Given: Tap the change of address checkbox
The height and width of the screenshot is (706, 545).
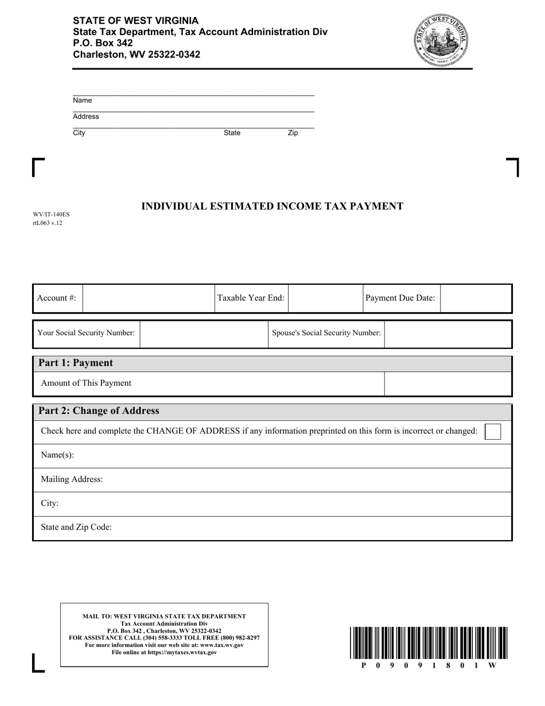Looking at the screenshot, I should [x=492, y=431].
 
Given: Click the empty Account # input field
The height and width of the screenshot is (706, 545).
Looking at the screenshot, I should [x=148, y=298].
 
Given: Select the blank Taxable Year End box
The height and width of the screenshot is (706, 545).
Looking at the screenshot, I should [x=325, y=298].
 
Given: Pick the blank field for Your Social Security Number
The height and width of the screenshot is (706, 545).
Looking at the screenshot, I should [x=204, y=333].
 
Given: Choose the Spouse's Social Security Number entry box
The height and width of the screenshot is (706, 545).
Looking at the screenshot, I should [x=447, y=333].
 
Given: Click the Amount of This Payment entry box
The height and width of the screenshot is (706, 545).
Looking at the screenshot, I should [x=447, y=383].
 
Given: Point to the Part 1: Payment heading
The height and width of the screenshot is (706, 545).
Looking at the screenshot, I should [x=75, y=363].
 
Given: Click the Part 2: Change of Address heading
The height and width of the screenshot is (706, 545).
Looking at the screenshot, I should [x=98, y=411].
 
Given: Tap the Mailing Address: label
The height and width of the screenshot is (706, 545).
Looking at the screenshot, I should [x=72, y=479].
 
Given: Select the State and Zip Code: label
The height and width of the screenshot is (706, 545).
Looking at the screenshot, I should [x=76, y=527].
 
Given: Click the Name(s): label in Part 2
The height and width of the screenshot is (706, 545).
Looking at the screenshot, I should [x=57, y=455].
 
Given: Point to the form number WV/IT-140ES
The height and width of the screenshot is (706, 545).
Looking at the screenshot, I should [x=51, y=215].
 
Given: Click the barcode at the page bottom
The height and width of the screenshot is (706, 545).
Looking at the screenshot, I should [x=427, y=643].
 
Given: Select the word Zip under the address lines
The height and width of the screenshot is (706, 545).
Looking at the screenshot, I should [x=293, y=133].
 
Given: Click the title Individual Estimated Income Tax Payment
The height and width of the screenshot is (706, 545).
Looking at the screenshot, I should [x=272, y=207].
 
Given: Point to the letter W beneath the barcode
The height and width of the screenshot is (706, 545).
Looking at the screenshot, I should [x=492, y=665].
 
